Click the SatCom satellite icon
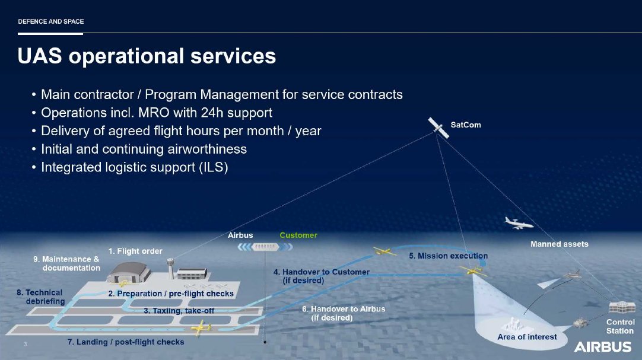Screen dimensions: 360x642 tap(439, 126)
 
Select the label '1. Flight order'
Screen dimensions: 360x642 tap(135, 251)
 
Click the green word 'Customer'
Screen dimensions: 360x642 tap(298, 235)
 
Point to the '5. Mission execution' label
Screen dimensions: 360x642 tap(448, 256)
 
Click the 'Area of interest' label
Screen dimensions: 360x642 tap(527, 337)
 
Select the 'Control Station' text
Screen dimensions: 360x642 tap(620, 327)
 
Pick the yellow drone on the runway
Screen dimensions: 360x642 tap(202, 327)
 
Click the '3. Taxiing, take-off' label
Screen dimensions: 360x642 tap(179, 310)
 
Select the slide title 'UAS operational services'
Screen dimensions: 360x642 tap(147, 56)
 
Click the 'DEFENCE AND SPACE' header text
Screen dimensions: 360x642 tap(50, 21)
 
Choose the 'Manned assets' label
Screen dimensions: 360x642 tap(559, 244)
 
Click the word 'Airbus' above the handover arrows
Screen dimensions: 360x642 tap(240, 235)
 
